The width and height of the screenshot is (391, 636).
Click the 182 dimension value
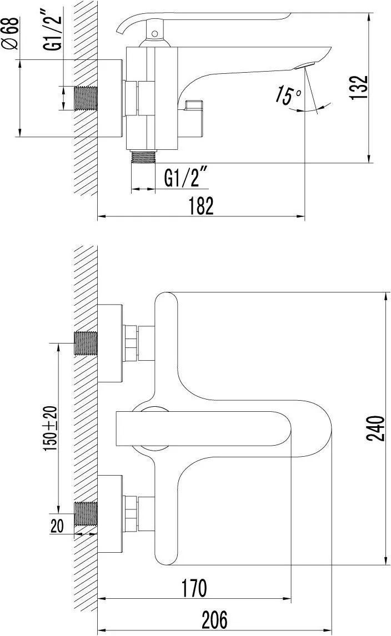pos(201,206)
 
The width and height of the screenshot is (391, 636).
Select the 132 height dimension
pos(359,87)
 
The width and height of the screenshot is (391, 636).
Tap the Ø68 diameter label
pos(11,33)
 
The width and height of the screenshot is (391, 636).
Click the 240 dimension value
pos(375,428)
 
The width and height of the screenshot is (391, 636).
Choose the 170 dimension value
pos(194,588)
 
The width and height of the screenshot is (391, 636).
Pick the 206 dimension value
pos(214,619)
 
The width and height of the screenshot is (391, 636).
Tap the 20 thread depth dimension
pos(57,526)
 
